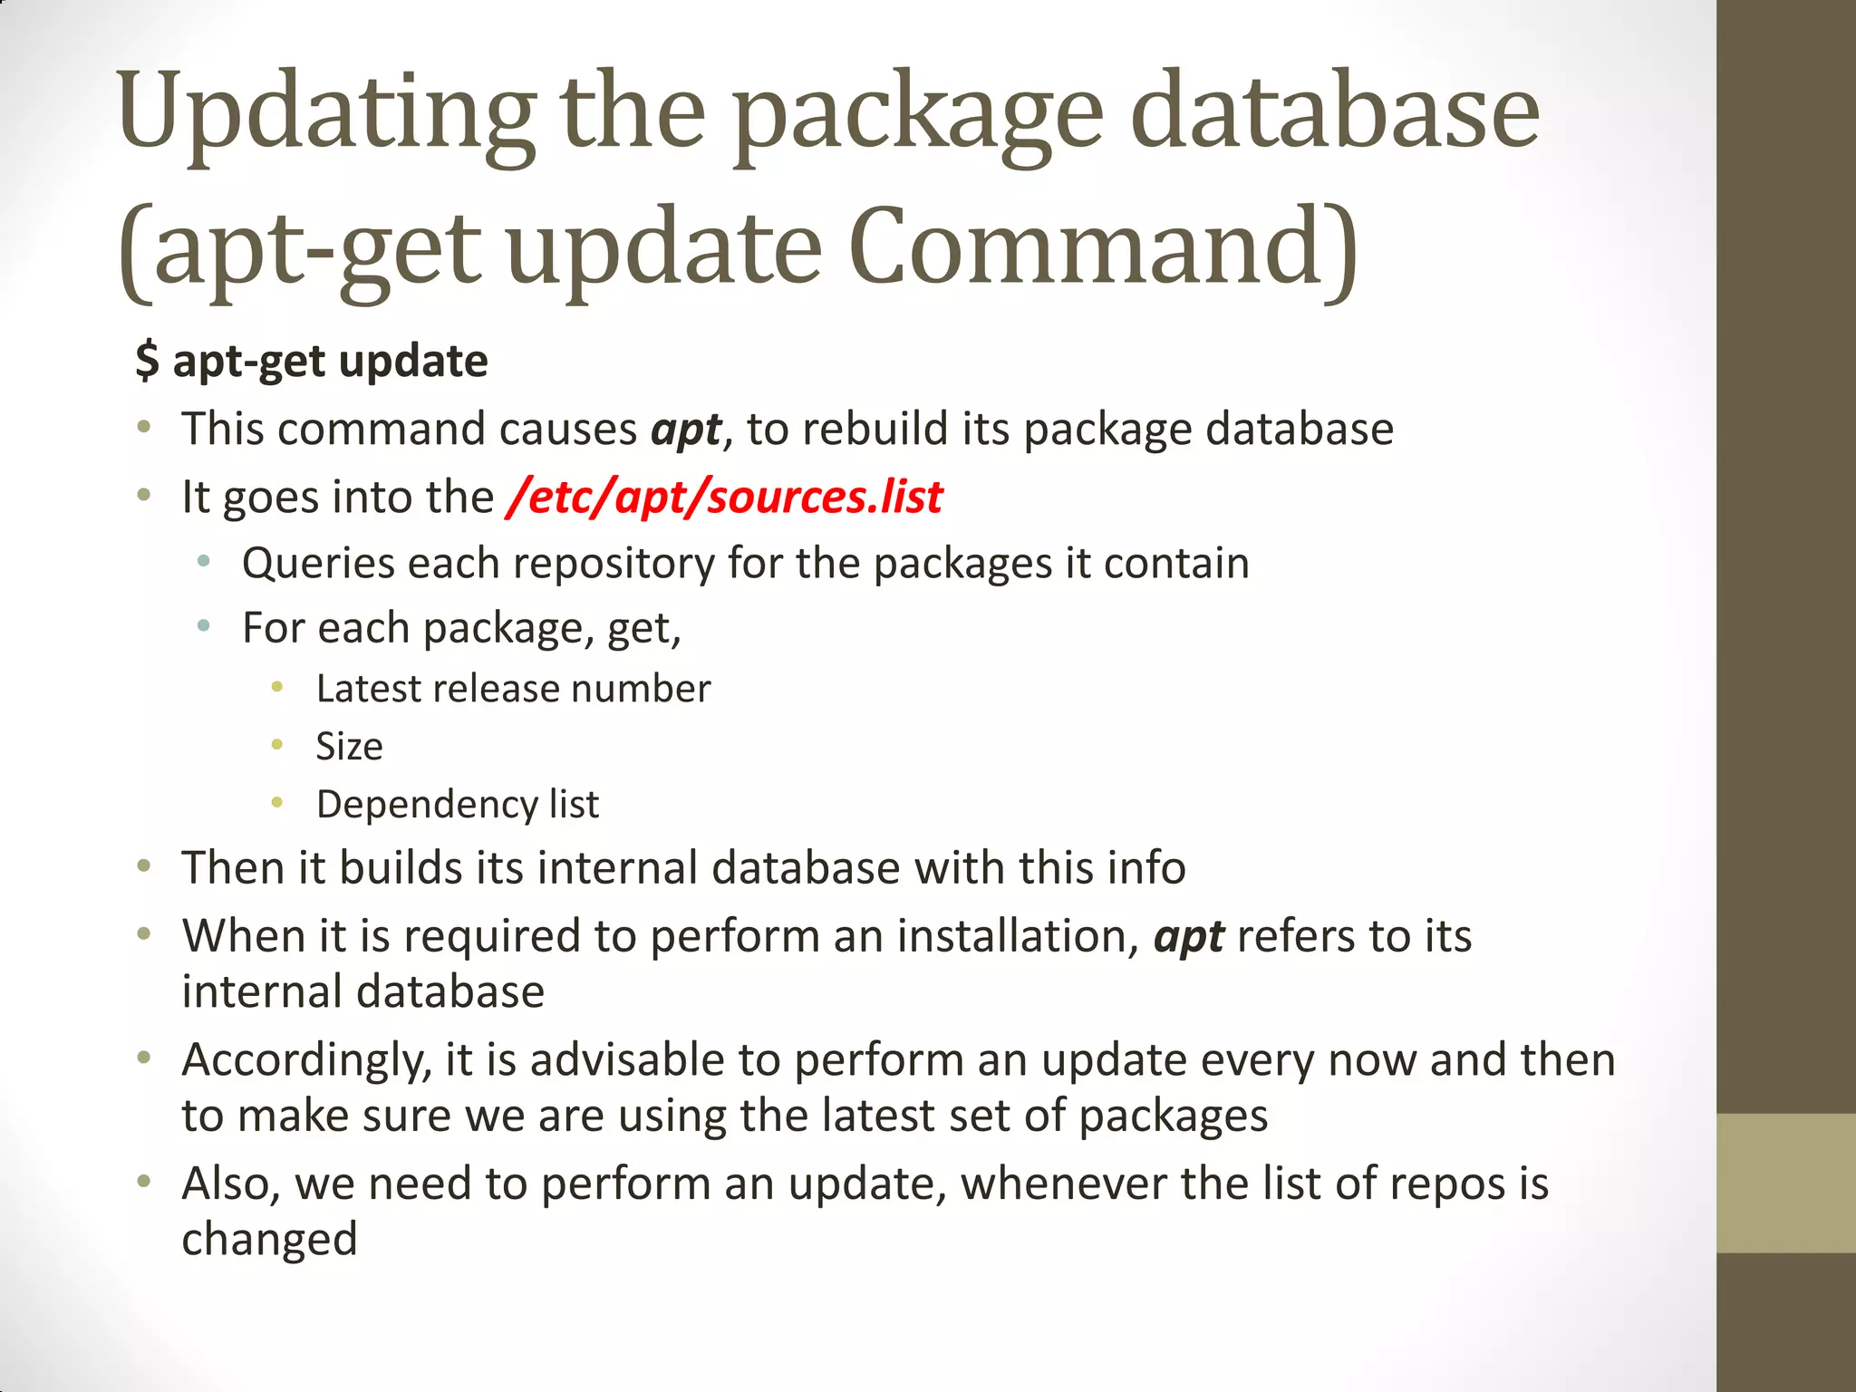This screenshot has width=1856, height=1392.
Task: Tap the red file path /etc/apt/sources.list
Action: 725,497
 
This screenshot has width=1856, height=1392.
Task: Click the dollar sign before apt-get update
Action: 147,361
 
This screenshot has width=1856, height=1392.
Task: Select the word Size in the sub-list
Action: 349,747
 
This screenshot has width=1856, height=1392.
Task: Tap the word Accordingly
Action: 306,1060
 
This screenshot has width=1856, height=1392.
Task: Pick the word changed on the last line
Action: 269,1239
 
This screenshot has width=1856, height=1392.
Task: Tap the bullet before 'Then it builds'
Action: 144,867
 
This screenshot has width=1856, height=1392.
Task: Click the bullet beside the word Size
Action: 277,746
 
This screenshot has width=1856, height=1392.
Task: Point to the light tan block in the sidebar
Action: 1785,1183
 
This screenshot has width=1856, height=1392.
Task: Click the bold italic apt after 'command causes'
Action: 686,430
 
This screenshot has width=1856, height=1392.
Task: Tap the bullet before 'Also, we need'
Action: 144,1182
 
